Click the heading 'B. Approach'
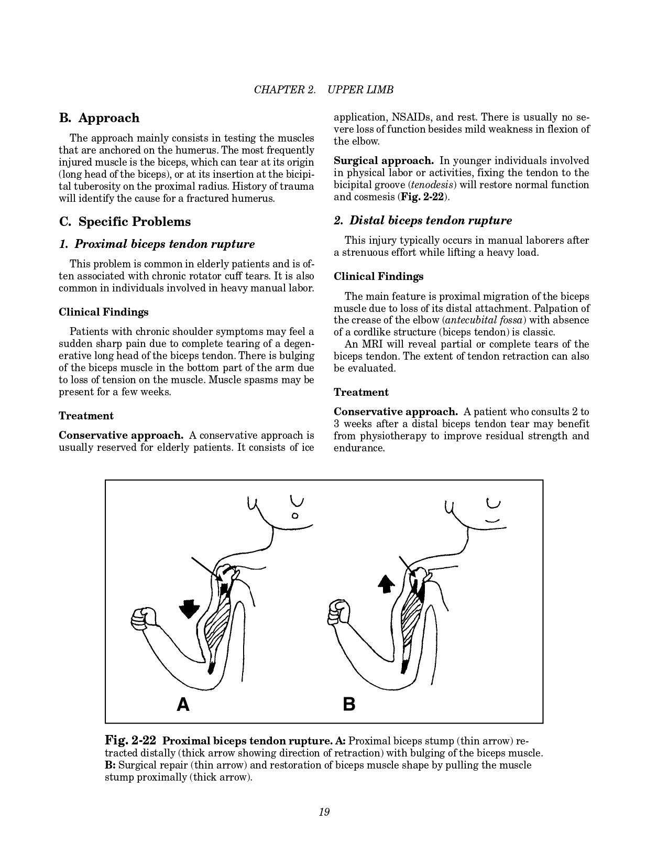100,118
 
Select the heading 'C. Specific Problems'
125,222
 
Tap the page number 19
324,812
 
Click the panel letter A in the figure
183,704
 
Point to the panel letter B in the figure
349,704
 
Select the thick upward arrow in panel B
386,583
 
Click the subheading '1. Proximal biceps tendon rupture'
157,244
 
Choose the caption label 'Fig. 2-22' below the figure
130,740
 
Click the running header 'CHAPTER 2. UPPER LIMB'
323,90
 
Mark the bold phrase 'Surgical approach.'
384,161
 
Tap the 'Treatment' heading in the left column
86,416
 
